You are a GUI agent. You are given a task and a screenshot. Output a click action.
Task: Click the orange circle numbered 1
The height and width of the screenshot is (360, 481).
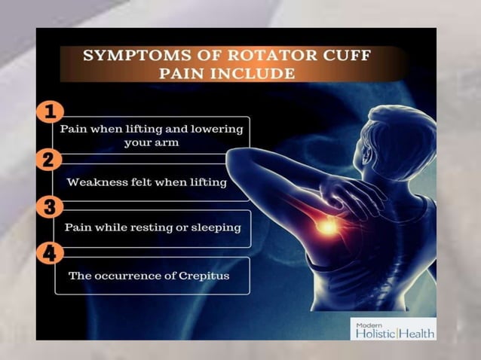[50, 113]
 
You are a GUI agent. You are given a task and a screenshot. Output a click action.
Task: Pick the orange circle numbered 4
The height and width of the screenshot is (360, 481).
[49, 253]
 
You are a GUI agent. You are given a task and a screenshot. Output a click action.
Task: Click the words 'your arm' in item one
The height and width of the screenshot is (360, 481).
[151, 142]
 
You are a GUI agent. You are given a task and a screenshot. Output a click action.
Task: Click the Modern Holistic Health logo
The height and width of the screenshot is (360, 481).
[393, 329]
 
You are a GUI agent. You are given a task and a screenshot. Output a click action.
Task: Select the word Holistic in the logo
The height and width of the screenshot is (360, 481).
[375, 333]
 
